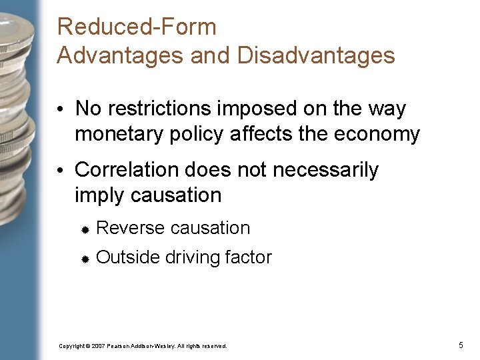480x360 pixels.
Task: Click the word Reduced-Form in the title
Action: pyautogui.click(x=137, y=27)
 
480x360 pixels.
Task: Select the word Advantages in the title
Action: pyautogui.click(x=121, y=55)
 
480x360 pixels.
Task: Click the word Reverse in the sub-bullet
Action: pyautogui.click(x=131, y=228)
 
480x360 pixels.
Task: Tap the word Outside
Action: pyautogui.click(x=127, y=257)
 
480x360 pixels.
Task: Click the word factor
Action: pyautogui.click(x=248, y=257)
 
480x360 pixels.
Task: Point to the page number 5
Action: pyautogui.click(x=461, y=345)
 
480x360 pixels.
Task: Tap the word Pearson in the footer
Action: pyautogui.click(x=118, y=346)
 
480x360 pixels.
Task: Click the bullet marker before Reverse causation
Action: pyautogui.click(x=85, y=229)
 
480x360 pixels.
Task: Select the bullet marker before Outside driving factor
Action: pyautogui.click(x=85, y=258)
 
